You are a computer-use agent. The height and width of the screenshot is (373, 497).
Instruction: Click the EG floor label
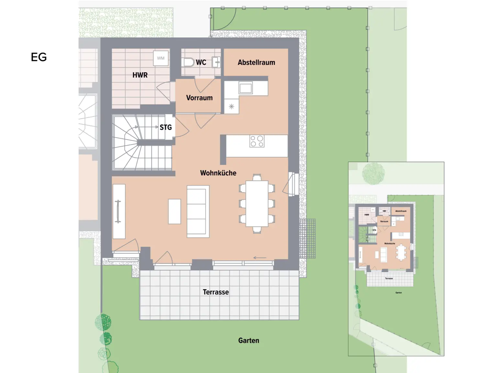tap(39, 57)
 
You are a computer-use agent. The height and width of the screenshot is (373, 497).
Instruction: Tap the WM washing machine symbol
tap(161, 58)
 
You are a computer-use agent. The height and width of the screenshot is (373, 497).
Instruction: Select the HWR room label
tap(140, 75)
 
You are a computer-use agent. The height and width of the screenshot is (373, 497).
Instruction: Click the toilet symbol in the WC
tap(188, 62)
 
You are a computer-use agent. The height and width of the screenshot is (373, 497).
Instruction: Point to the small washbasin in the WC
tap(216, 62)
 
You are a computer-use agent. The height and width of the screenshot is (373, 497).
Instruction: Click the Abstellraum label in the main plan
tap(256, 62)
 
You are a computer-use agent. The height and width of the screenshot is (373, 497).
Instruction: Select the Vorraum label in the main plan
tap(199, 98)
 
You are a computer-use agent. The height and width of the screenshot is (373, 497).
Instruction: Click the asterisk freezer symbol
tap(232, 107)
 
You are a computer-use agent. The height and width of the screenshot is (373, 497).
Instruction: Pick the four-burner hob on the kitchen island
tap(257, 141)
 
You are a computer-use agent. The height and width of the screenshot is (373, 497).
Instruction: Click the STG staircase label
tap(166, 128)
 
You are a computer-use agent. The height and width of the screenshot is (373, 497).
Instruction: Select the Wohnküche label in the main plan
tap(218, 173)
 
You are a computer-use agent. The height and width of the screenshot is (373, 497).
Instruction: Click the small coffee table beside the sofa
tap(175, 211)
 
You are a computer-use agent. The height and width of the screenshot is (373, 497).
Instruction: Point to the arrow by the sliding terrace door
tap(260, 258)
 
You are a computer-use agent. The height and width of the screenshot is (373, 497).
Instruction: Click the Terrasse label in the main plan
tap(215, 292)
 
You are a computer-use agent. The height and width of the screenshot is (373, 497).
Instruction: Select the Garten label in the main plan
tap(248, 341)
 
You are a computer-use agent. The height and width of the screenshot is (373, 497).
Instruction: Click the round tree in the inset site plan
tap(373, 174)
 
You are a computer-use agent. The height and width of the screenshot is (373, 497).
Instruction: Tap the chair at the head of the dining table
tap(257, 177)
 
